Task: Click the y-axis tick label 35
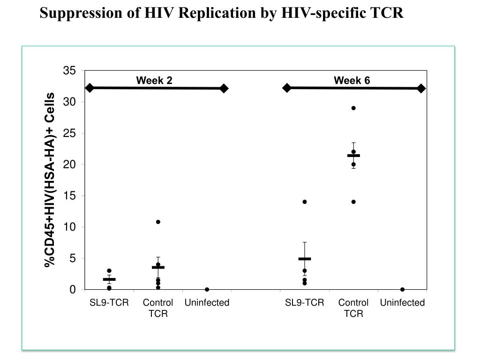click(x=69, y=71)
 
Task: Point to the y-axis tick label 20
click(x=69, y=165)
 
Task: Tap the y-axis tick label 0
click(x=73, y=290)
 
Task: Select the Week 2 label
click(x=154, y=81)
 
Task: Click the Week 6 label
click(x=352, y=81)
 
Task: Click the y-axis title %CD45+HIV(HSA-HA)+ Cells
click(x=50, y=180)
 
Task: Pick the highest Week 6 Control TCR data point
click(x=353, y=108)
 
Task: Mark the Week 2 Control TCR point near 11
click(x=158, y=222)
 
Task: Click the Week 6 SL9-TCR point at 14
click(x=305, y=202)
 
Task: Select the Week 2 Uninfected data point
click(x=207, y=289)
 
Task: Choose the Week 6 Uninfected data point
click(x=402, y=289)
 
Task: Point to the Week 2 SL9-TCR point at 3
click(x=109, y=270)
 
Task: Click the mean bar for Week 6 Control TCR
click(x=353, y=155)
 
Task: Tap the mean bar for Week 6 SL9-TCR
click(x=305, y=259)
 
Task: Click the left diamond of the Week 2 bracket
click(x=90, y=88)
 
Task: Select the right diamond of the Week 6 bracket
click(x=421, y=88)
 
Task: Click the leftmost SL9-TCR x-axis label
click(x=109, y=303)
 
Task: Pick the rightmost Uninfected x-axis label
click(x=402, y=303)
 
